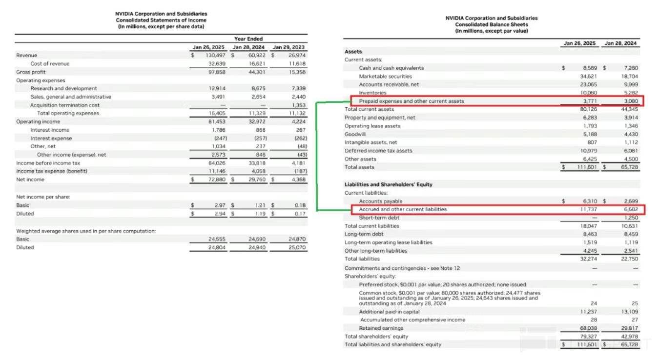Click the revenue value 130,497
coord(215,56)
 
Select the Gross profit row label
coord(31,72)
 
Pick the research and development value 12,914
coord(217,89)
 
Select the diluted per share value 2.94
coord(219,214)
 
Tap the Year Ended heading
coord(248,39)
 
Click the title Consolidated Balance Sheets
coord(491,24)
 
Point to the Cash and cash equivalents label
coord(391,68)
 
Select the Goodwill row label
coord(355,134)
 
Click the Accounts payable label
coord(380,201)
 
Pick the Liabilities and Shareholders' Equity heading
coord(388,185)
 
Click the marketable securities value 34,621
coord(588,77)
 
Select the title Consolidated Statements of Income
coord(161,20)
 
